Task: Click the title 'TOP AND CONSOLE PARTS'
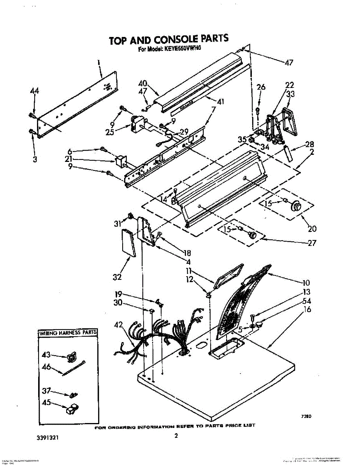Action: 168,40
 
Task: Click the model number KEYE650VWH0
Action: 181,49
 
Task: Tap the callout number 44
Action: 35,91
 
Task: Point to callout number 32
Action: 117,277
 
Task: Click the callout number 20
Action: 312,228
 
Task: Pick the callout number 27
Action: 312,243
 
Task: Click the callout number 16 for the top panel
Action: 307,310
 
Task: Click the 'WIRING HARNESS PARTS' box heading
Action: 68,333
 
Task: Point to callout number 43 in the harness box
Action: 46,355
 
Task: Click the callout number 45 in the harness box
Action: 46,403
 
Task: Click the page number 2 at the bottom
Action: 176,436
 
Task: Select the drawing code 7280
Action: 306,416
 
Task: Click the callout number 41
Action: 221,102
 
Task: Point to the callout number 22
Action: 290,85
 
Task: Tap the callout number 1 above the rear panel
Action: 98,62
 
